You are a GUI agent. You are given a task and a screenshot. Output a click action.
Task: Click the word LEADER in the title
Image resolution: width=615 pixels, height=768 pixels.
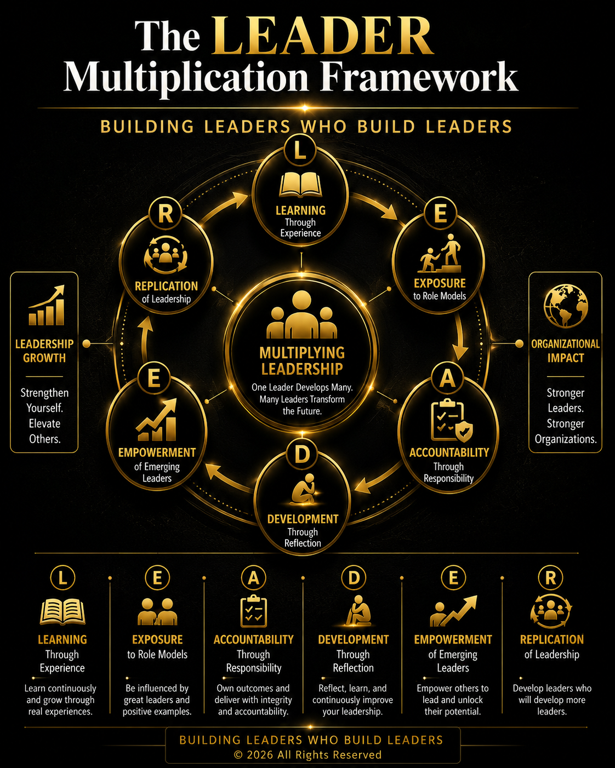pyautogui.click(x=322, y=36)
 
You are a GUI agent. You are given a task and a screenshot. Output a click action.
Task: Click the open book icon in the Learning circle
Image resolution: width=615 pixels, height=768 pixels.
pyautogui.click(x=300, y=185)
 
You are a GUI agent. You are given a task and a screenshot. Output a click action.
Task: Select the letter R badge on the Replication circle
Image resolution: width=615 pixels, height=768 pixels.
pyautogui.click(x=166, y=214)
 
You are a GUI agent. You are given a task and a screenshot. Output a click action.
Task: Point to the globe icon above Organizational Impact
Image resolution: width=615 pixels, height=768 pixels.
pyautogui.click(x=565, y=306)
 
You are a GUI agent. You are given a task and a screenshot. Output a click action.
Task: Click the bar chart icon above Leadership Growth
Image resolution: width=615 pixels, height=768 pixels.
pyautogui.click(x=47, y=306)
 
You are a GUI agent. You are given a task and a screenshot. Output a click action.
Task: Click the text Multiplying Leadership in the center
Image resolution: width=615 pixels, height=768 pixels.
pyautogui.click(x=302, y=361)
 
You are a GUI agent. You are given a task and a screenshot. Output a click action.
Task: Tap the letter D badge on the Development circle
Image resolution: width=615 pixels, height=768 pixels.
pyautogui.click(x=302, y=454)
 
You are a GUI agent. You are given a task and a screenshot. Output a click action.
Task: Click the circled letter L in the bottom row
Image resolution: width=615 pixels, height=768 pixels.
pyautogui.click(x=62, y=578)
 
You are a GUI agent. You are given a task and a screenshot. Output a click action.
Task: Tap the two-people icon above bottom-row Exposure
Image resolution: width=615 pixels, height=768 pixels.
pyautogui.click(x=157, y=612)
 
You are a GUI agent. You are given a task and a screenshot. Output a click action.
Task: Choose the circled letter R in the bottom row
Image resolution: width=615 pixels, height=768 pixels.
pyautogui.click(x=551, y=578)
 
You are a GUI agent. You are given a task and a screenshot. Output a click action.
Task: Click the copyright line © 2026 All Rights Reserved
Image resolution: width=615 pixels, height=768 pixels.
pyautogui.click(x=307, y=755)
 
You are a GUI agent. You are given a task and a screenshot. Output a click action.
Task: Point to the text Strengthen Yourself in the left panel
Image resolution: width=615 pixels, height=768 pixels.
pyautogui.click(x=44, y=400)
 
